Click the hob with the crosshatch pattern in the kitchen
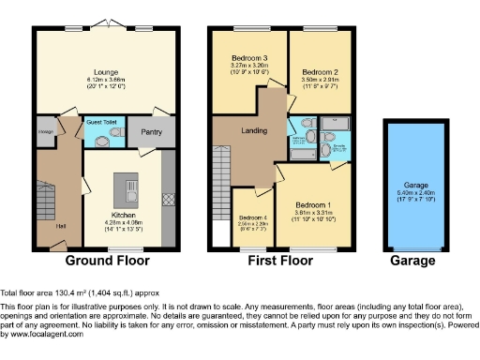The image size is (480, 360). tap(168, 199)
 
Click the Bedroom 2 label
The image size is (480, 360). tap(321, 70)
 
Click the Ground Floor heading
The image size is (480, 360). tap(104, 260)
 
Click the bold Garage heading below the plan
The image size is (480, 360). tap(412, 260)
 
